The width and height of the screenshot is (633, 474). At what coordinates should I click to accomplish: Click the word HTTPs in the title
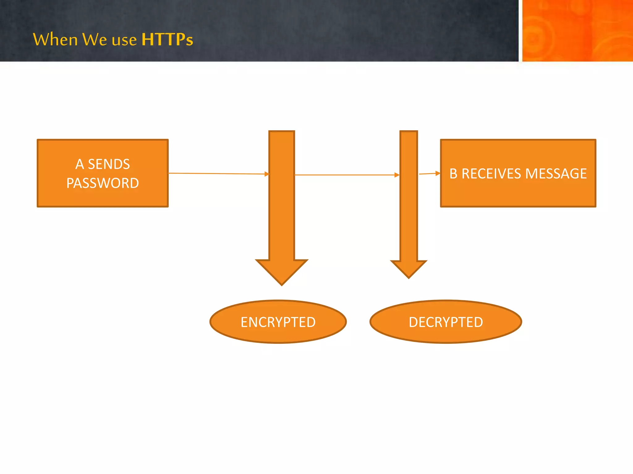click(167, 39)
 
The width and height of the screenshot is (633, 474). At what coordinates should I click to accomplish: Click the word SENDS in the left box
click(109, 164)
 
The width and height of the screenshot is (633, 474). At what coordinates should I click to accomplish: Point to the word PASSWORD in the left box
click(103, 183)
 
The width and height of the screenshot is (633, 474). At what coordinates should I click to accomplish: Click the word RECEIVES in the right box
click(491, 173)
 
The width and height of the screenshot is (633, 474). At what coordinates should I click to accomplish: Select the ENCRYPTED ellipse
click(278, 322)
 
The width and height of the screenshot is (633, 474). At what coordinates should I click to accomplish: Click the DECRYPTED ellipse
click(446, 322)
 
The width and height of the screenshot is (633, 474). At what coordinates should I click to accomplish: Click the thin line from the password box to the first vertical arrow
click(216, 173)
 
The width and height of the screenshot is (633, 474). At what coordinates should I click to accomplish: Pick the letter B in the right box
click(453, 173)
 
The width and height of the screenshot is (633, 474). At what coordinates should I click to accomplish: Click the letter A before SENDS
click(79, 164)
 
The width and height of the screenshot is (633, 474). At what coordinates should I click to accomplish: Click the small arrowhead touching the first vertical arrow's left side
click(267, 174)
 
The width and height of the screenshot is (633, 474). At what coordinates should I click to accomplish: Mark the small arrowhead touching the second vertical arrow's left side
click(397, 175)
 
